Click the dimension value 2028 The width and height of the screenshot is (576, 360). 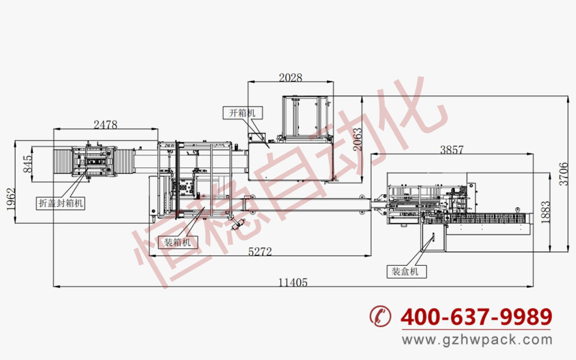(290, 78)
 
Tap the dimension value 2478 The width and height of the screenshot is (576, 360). (106, 125)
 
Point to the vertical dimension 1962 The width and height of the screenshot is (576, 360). (11, 199)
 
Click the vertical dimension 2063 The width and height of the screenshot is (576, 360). (357, 139)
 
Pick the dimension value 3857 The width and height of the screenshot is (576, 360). (452, 150)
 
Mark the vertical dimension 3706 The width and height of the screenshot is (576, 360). (563, 174)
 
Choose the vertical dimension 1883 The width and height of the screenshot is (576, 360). (546, 212)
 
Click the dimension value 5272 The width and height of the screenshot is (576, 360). (260, 251)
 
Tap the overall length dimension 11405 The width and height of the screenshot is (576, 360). (293, 283)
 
